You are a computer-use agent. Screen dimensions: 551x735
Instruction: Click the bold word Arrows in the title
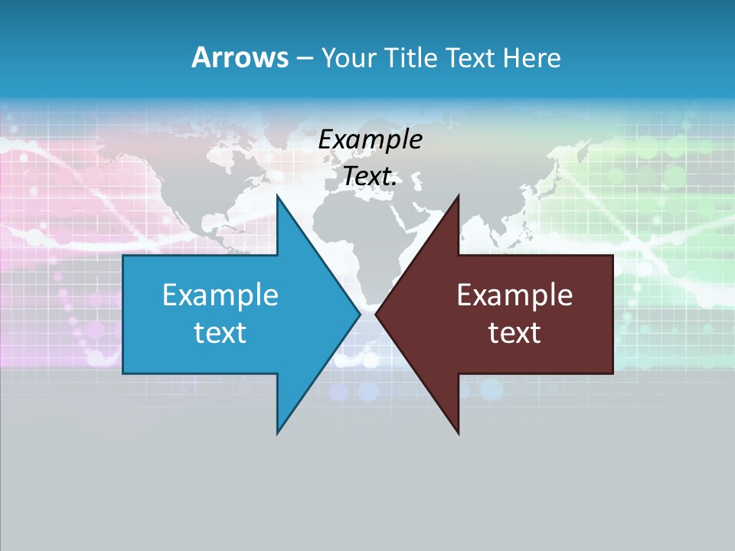pyautogui.click(x=240, y=57)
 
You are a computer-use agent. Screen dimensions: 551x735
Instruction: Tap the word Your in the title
pyautogui.click(x=345, y=57)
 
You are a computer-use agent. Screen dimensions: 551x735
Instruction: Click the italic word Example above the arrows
pyautogui.click(x=370, y=139)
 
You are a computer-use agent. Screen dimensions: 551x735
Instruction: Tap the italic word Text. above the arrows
pyautogui.click(x=370, y=176)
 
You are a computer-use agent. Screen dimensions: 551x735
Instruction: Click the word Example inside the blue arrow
pyautogui.click(x=220, y=295)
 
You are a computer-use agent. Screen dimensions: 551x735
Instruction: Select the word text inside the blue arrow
pyautogui.click(x=220, y=333)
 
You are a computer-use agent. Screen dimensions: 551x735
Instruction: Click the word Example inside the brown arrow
pyautogui.click(x=514, y=295)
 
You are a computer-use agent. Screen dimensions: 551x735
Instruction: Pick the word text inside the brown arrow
pyautogui.click(x=514, y=333)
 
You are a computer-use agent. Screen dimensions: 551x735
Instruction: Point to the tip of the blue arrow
pyautogui.click(x=360, y=314)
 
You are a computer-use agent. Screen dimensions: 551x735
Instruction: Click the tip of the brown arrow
pyautogui.click(x=376, y=314)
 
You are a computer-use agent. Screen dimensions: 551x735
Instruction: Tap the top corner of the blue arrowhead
pyautogui.click(x=277, y=195)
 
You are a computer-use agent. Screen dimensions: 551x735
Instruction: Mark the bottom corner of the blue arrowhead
pyautogui.click(x=277, y=433)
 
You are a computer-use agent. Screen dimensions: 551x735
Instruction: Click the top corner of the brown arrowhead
pyautogui.click(x=458, y=195)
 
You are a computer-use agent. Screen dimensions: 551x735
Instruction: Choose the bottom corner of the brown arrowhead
pyautogui.click(x=458, y=433)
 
